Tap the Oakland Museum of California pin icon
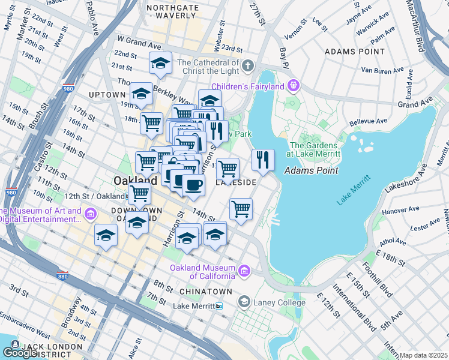[244, 271]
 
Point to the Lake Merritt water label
[352, 190]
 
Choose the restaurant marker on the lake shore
[263, 160]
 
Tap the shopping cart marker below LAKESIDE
[241, 209]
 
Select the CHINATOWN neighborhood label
[205, 291]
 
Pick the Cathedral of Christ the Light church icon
[247, 65]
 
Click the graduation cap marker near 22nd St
[161, 63]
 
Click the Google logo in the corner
[20, 353]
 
